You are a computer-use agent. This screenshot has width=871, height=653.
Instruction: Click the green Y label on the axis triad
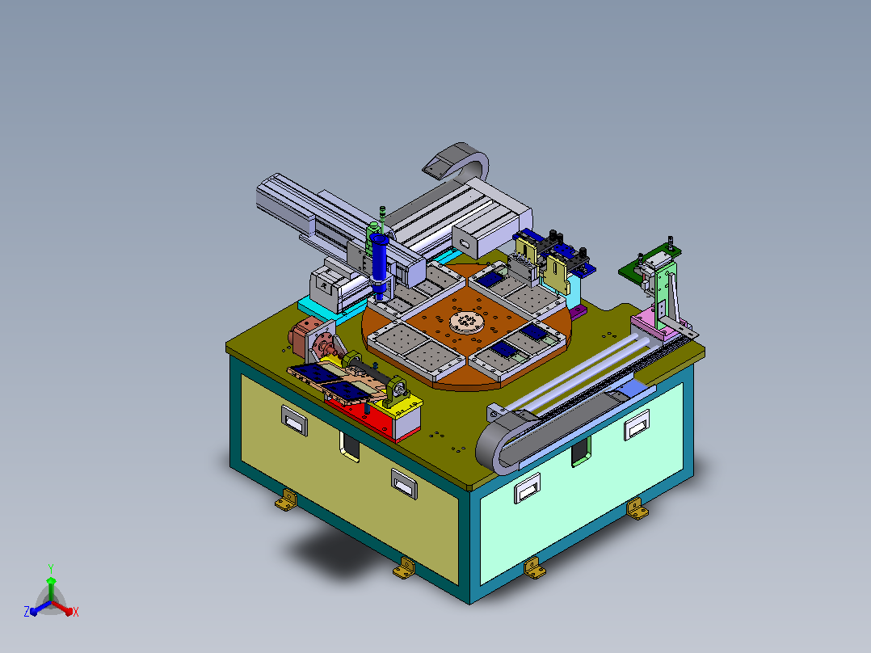coord(51,568)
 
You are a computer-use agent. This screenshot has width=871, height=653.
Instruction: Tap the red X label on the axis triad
coord(76,612)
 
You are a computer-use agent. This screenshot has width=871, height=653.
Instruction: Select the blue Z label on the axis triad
coord(27,611)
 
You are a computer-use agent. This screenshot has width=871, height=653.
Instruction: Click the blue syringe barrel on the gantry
coord(380,258)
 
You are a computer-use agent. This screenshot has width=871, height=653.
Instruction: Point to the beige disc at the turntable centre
coord(465,321)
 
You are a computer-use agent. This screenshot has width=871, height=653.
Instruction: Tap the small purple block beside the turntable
coord(579,311)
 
